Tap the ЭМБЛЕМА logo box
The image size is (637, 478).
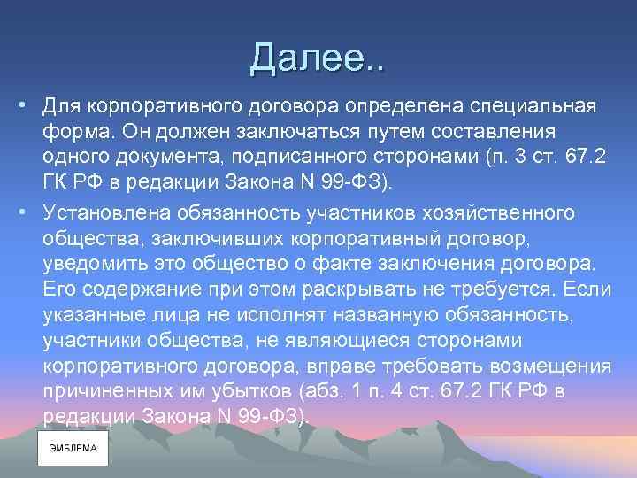(73, 449)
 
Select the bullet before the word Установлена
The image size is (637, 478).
(19, 213)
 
